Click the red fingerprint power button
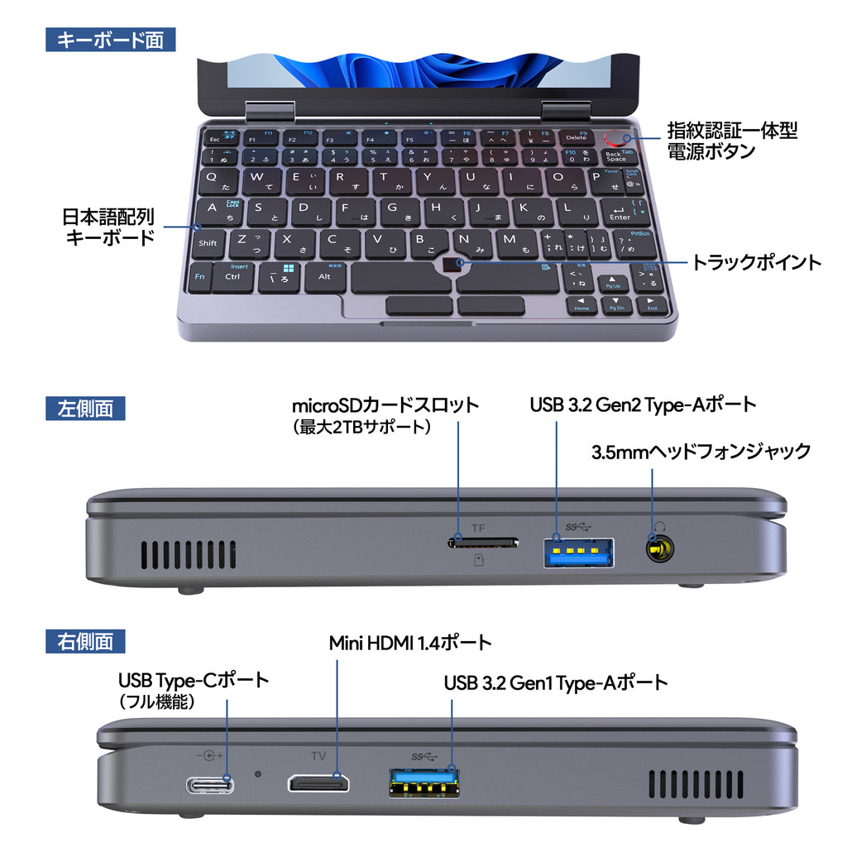tap(617, 138)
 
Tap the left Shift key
tap(208, 242)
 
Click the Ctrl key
tap(232, 276)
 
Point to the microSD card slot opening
tap(484, 543)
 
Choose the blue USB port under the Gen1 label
tap(423, 782)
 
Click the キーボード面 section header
tap(110, 40)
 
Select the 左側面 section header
tap(86, 408)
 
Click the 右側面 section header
tap(86, 640)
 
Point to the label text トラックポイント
tap(756, 263)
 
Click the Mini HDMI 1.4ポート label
tap(410, 643)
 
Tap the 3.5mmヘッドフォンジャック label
tap(701, 452)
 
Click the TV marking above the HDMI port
tap(318, 755)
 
